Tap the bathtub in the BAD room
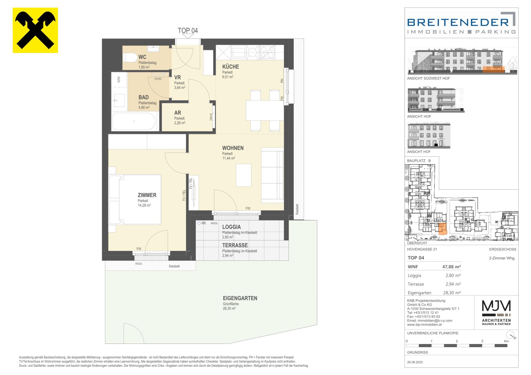click(134, 121)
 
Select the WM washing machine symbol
click(119, 80)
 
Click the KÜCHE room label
click(231, 67)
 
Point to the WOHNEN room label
click(233, 148)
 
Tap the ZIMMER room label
click(147, 195)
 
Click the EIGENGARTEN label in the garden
click(240, 298)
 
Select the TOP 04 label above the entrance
click(188, 30)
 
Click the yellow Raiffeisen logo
click(35, 30)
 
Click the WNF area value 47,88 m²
click(451, 267)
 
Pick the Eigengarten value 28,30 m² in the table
click(451, 293)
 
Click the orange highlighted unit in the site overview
click(442, 229)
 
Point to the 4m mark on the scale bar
click(506, 341)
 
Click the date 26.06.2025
click(415, 362)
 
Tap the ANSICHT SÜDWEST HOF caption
click(428, 78)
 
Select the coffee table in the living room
click(244, 175)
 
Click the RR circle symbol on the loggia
click(199, 223)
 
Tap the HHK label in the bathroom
click(158, 79)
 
